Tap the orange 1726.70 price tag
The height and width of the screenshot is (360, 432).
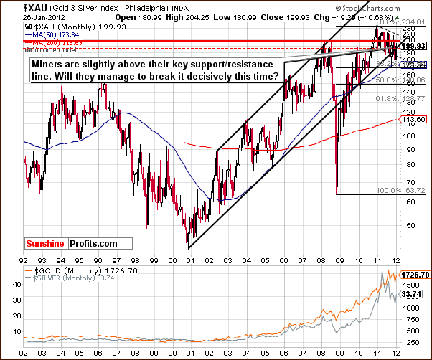point(417,275)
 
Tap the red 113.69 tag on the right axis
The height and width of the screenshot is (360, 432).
point(415,119)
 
